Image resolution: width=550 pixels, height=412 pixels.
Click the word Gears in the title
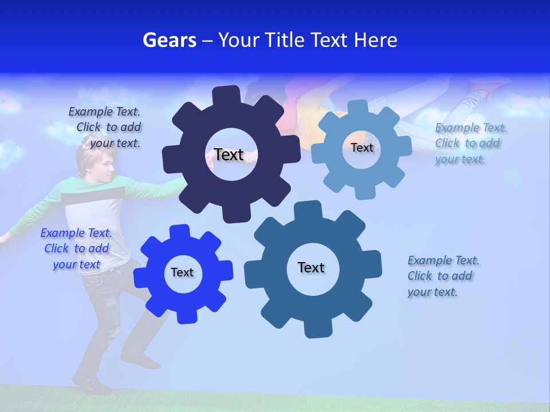[170, 40]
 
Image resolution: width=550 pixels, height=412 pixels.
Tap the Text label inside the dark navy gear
[229, 154]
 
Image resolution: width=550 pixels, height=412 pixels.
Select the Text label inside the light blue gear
[362, 148]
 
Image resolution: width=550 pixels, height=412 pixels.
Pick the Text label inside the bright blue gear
[182, 272]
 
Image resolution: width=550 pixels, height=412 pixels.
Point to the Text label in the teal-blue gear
[311, 267]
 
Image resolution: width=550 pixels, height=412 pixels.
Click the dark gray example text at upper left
[107, 127]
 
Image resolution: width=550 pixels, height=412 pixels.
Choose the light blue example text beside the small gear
[470, 143]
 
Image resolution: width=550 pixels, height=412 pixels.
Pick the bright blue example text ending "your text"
[76, 248]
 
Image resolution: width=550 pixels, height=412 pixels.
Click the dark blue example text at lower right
[442, 276]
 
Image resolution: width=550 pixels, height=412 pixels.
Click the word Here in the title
[376, 40]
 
